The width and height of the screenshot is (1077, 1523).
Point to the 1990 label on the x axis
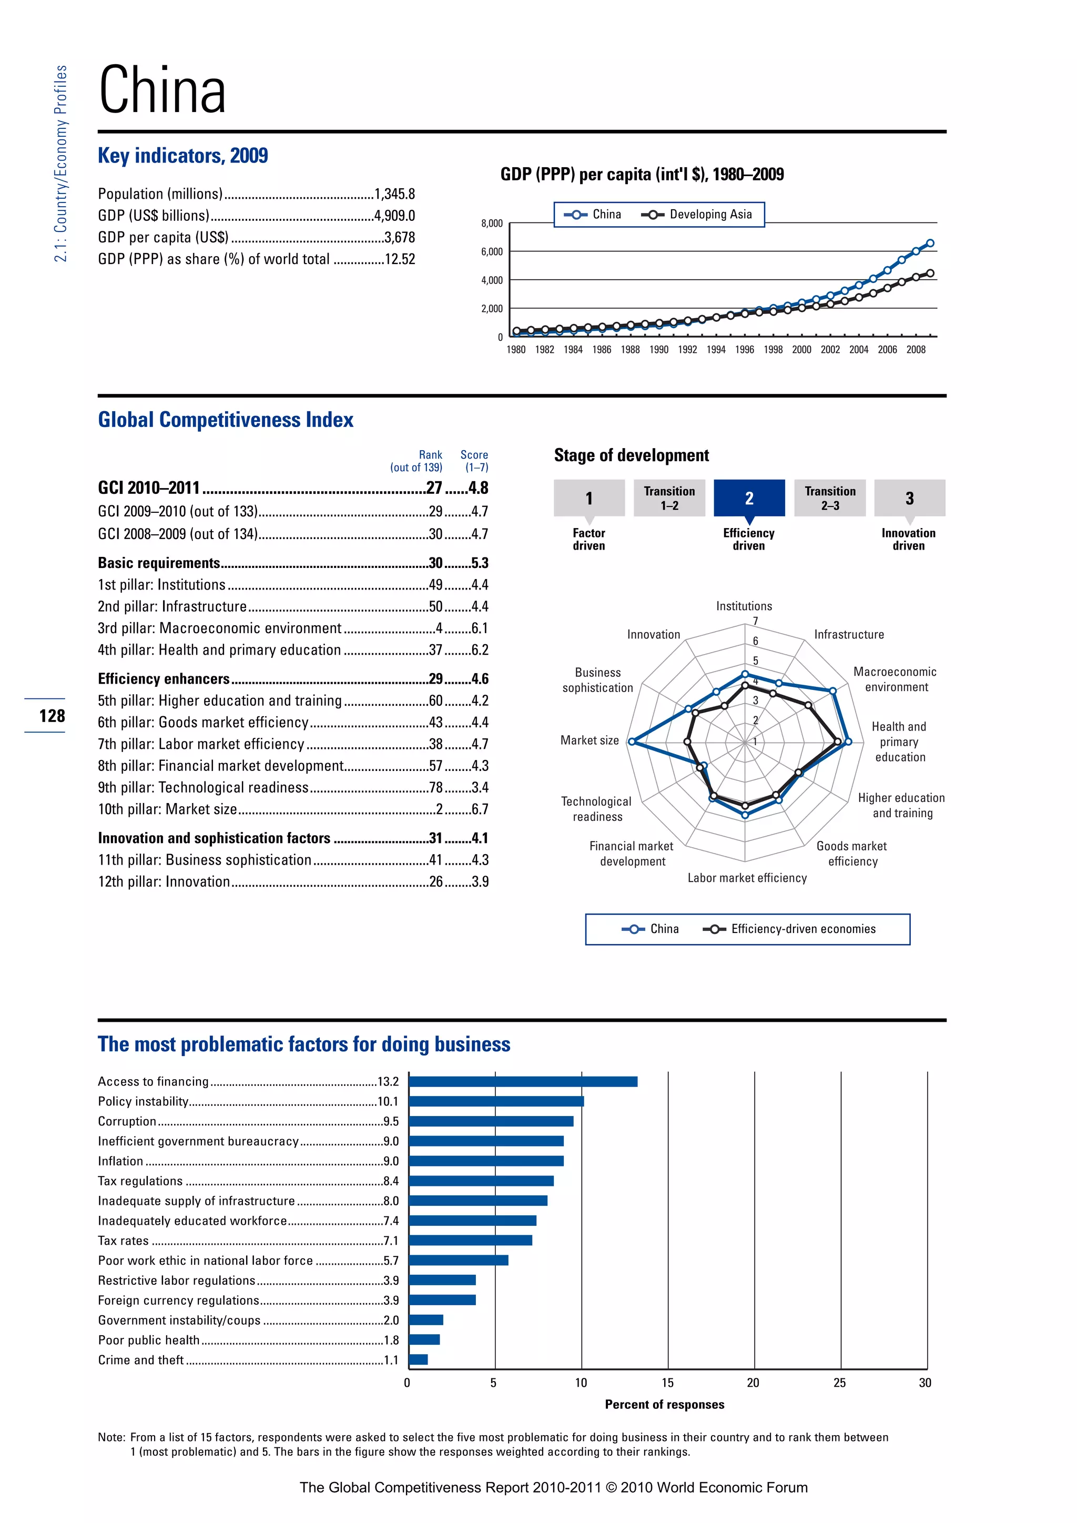658,350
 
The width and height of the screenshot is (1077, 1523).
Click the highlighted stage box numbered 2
749,497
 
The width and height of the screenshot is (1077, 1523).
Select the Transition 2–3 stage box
830,497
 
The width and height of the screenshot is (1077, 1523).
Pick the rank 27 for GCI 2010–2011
434,488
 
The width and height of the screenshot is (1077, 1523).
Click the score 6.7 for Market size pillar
480,809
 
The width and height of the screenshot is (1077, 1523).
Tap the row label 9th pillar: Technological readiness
203,787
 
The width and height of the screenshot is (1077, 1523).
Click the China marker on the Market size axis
632,742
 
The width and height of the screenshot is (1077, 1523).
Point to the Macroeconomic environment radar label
895,679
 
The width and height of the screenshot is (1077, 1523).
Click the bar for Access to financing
523,1081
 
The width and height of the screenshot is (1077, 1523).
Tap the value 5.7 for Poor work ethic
391,1261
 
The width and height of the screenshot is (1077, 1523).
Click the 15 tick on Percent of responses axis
667,1383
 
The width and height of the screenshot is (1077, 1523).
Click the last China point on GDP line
930,243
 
